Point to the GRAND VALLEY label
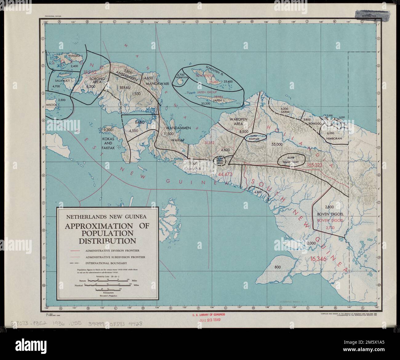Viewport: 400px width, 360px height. pyautogui.click(x=291, y=162)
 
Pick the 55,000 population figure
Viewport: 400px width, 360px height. pyautogui.click(x=279, y=144)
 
